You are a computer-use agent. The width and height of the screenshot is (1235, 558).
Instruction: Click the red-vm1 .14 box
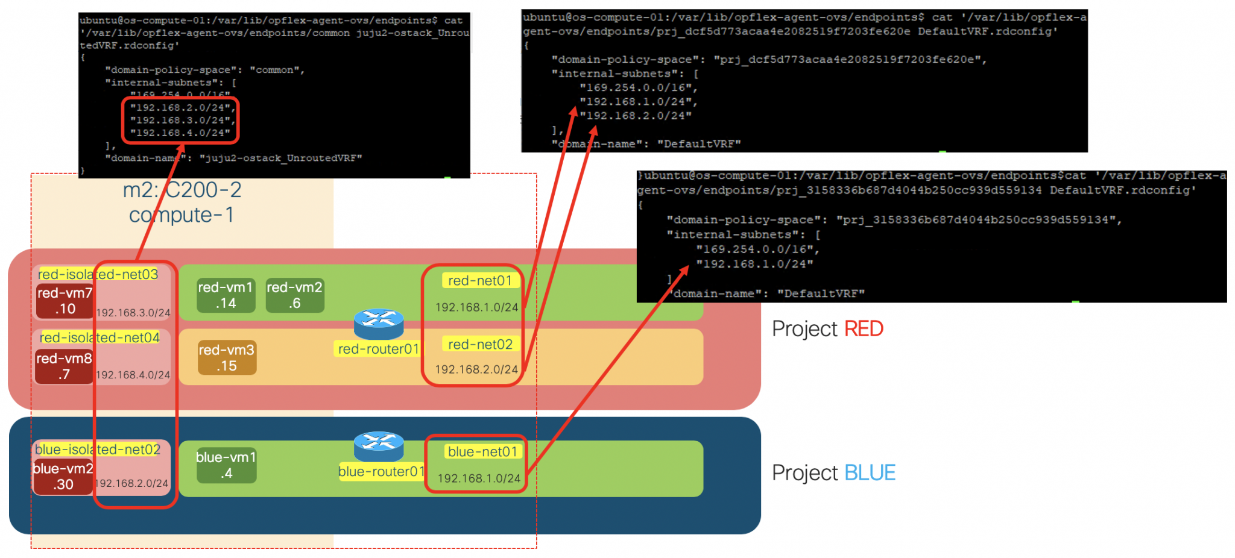coord(226,295)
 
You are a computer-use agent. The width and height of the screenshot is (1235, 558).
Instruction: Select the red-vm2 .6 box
coord(294,295)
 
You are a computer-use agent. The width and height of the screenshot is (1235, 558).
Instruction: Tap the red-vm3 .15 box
coord(227,358)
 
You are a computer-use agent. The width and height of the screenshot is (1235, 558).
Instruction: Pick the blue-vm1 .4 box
coord(226,465)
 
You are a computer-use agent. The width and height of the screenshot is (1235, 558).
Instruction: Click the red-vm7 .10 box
coord(65,301)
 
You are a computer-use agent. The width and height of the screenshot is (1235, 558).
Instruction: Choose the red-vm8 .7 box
coord(64,366)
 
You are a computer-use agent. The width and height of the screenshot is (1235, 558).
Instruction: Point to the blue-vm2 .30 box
coord(63,476)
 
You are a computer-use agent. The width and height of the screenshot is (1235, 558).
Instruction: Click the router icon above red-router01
coord(379,324)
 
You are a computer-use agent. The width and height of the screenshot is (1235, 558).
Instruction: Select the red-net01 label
coord(480,280)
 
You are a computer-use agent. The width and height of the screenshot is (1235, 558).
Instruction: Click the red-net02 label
coord(480,344)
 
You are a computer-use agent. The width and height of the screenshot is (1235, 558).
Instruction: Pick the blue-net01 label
coord(482,451)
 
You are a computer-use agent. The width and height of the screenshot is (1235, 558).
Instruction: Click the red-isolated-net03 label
coord(98,274)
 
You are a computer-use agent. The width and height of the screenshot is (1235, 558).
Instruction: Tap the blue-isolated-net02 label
coord(97,450)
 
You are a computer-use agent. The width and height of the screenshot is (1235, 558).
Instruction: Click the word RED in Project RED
coord(864,329)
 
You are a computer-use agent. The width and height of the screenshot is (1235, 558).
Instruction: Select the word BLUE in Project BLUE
coord(870,473)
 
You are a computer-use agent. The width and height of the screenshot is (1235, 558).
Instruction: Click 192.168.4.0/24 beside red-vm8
coord(133,375)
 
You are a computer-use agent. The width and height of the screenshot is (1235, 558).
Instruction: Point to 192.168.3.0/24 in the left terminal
coord(181,120)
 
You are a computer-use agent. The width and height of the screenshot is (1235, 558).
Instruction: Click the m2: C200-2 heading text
coord(182,190)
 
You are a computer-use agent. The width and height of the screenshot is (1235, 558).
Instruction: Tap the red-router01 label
coord(378,349)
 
